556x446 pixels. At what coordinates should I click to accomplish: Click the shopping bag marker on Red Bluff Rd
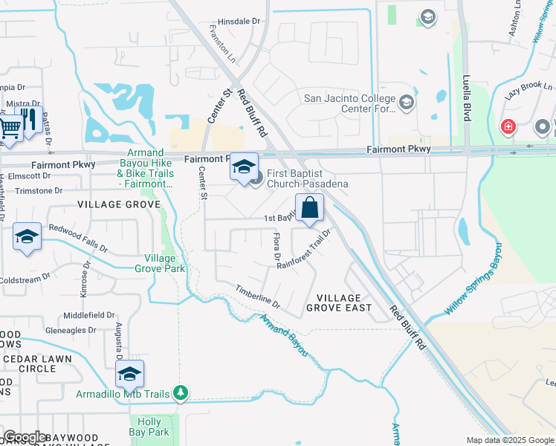point(309,207)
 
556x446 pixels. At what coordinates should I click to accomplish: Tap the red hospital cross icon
point(508,127)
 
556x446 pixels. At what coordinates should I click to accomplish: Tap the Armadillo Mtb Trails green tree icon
point(181,392)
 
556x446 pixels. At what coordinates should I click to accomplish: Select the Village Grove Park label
point(164,263)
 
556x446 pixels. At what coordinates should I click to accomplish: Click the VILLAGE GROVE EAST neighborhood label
point(338,302)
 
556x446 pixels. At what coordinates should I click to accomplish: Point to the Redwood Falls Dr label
point(78,239)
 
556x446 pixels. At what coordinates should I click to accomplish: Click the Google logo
point(25,437)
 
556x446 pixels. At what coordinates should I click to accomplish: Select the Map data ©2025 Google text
point(509,440)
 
